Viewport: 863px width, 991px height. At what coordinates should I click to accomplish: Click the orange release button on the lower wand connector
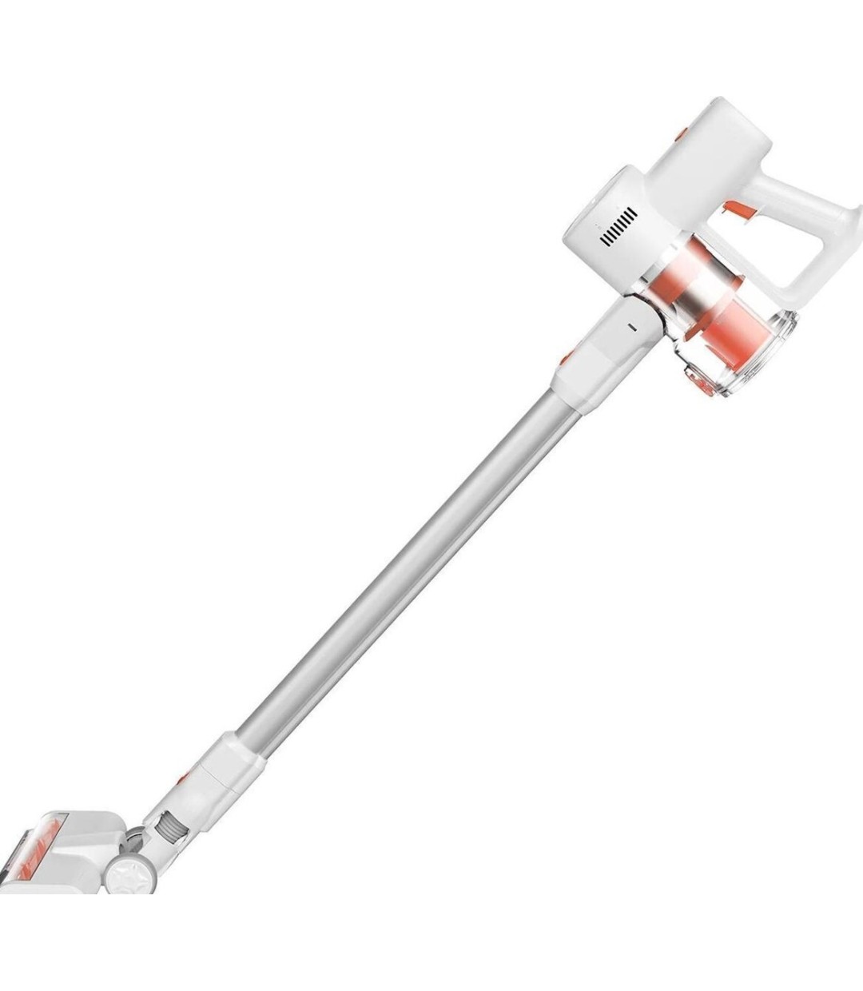click(183, 778)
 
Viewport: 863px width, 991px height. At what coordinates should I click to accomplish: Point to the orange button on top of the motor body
click(680, 134)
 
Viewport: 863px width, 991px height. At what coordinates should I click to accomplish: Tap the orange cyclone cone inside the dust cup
click(723, 324)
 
